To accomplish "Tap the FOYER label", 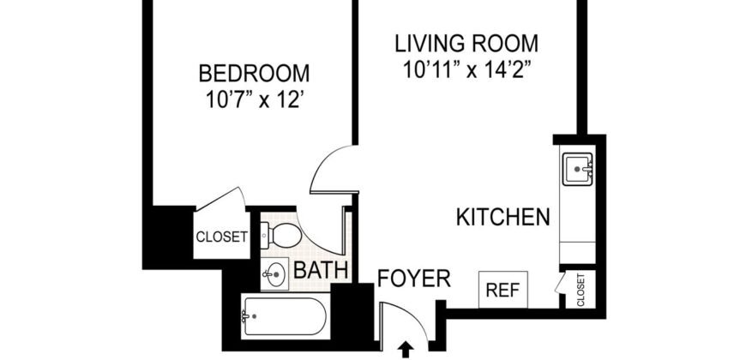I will click(x=414, y=278).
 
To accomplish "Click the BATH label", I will click(x=321, y=272).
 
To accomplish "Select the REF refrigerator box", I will click(x=502, y=291).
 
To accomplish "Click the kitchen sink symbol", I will click(x=576, y=171).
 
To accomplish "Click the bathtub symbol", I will click(x=283, y=317).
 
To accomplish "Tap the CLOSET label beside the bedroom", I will click(x=221, y=237).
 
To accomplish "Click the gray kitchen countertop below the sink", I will click(x=576, y=223).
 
